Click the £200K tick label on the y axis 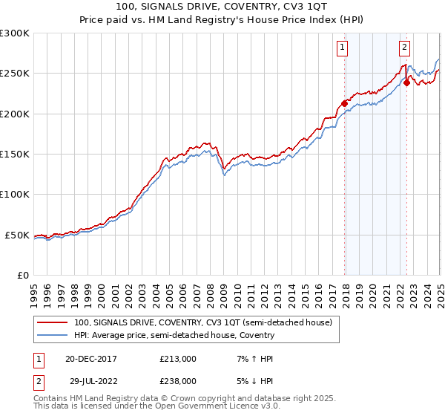click(x=14, y=114)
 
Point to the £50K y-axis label click(x=16, y=235)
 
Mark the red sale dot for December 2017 click(x=344, y=103)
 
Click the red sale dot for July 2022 click(x=406, y=83)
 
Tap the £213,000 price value click(x=178, y=359)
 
